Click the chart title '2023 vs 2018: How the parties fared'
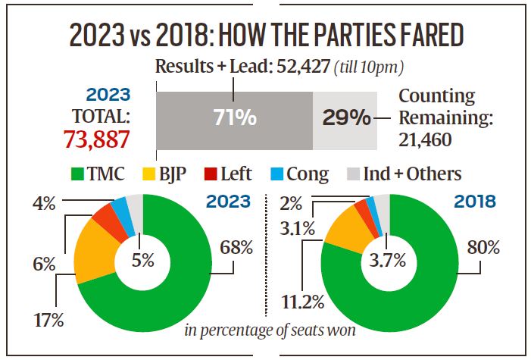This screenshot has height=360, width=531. pyautogui.click(x=265, y=36)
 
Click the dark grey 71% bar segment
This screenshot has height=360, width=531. pyautogui.click(x=234, y=119)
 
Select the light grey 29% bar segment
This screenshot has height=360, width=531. pyautogui.click(x=345, y=119)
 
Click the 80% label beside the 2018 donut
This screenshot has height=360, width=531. pyautogui.click(x=483, y=246)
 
